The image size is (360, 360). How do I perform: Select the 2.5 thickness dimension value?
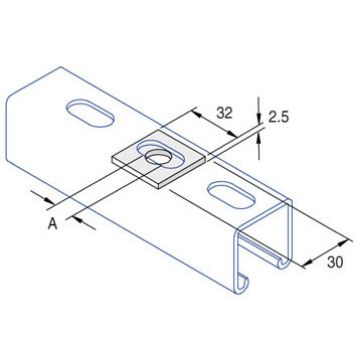(x=278, y=118)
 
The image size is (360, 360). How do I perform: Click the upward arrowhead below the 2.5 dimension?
(x=262, y=138)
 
